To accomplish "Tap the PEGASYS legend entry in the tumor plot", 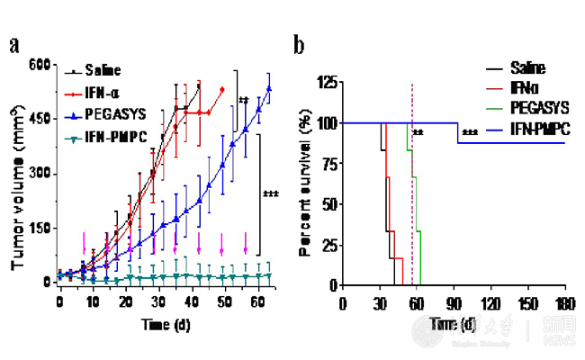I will tap(113, 117).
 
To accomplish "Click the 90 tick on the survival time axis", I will tap(454, 300).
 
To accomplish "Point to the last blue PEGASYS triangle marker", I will tap(268, 88).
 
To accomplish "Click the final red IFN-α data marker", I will tap(221, 89).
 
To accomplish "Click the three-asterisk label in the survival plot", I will tap(470, 135).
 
